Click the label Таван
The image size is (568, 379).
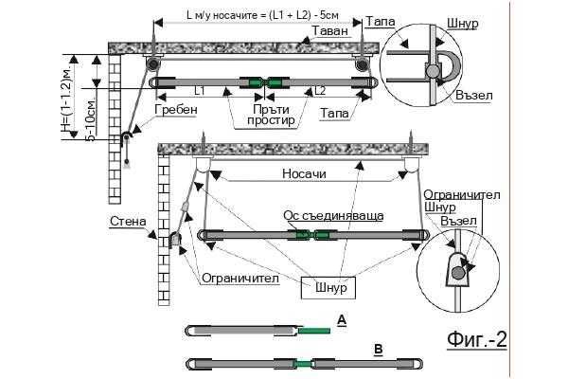pyautogui.click(x=330, y=31)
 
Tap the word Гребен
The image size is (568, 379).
pyautogui.click(x=176, y=109)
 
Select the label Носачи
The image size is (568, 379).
pyautogui.click(x=304, y=173)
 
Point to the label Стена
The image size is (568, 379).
pyautogui.click(x=128, y=221)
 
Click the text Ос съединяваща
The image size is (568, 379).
pyautogui.click(x=333, y=215)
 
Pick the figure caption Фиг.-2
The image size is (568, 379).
pyautogui.click(x=476, y=339)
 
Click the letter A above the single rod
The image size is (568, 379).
pyautogui.click(x=342, y=320)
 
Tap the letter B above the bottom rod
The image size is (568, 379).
pyautogui.click(x=379, y=350)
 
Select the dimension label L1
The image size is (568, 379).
pyautogui.click(x=199, y=91)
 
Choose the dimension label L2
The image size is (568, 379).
pyautogui.click(x=319, y=91)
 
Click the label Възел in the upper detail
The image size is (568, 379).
pyautogui.click(x=474, y=96)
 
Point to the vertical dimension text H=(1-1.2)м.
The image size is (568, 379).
pyautogui.click(x=66, y=96)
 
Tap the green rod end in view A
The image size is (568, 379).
pyautogui.click(x=314, y=331)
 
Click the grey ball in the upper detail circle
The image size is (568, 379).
pyautogui.click(x=432, y=71)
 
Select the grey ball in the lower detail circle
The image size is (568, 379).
pyautogui.click(x=457, y=272)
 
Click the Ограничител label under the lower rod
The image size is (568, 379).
pyautogui.click(x=240, y=279)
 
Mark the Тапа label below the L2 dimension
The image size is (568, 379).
pyautogui.click(x=334, y=113)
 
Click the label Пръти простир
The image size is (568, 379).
pyautogui.click(x=271, y=115)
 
